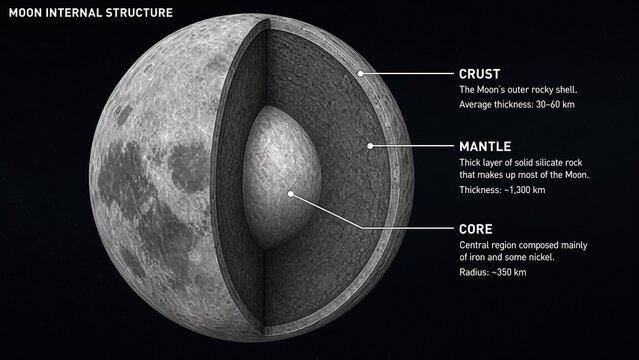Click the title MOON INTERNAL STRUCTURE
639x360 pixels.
point(90,13)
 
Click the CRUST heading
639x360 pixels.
point(481,74)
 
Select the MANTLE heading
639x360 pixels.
point(486,145)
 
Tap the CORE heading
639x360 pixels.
point(477,228)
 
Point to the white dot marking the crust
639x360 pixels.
point(362,74)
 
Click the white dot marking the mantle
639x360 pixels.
point(370,146)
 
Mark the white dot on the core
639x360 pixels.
point(291,193)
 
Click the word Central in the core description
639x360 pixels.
point(476,245)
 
